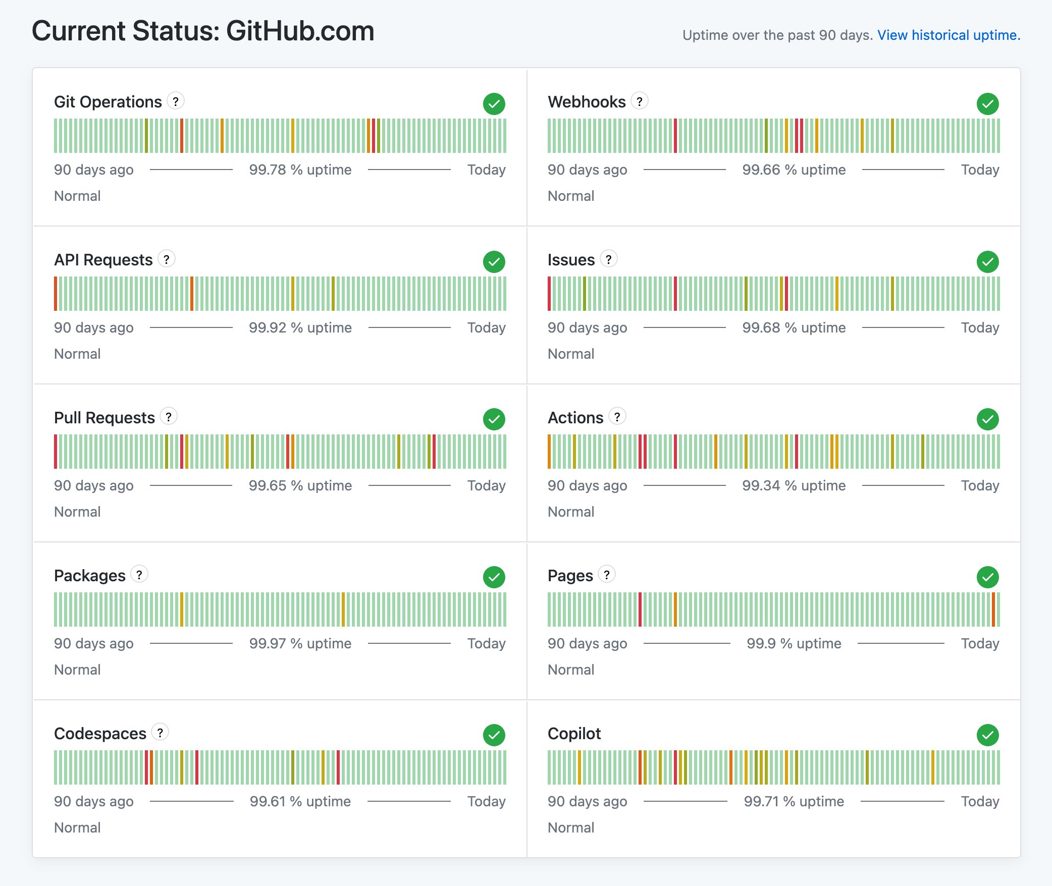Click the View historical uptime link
pos(949,35)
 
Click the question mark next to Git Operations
pos(175,101)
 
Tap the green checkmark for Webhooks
pos(987,104)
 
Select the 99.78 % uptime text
pos(300,170)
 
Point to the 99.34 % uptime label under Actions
pos(794,485)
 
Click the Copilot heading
pos(574,733)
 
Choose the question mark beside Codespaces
pos(160,732)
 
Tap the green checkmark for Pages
pos(987,577)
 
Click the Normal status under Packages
pos(77,670)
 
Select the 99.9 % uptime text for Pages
pos(794,643)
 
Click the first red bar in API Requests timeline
pos(56,294)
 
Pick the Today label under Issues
pos(979,327)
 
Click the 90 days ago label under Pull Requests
pos(94,485)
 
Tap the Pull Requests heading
pos(104,417)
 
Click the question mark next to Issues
pos(608,259)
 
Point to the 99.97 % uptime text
pos(300,643)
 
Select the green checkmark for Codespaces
pos(494,735)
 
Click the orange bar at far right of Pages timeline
pos(993,610)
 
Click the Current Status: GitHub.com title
pos(203,31)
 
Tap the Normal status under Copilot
pos(570,827)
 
